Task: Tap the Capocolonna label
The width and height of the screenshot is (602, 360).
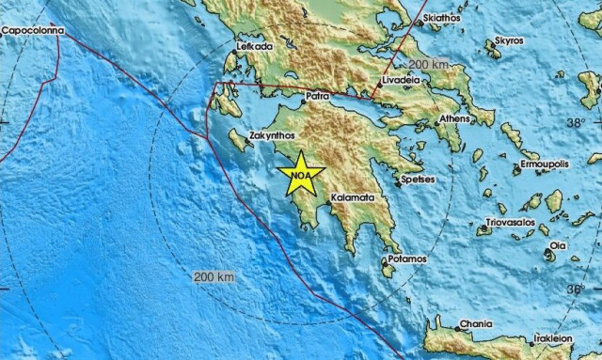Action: click(x=33, y=30)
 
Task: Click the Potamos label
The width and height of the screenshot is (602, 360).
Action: click(x=408, y=258)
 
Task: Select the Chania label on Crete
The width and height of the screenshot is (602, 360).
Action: click(x=474, y=325)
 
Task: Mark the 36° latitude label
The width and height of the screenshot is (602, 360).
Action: click(x=576, y=290)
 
